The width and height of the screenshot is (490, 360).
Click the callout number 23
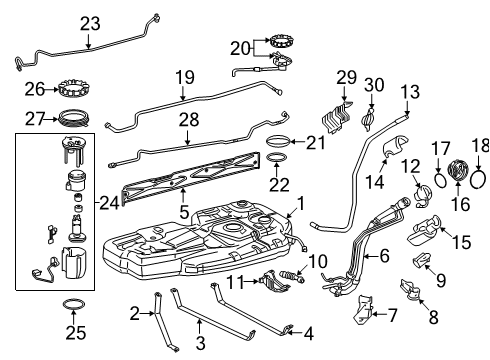click(91, 24)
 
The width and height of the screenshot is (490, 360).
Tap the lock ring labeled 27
click(73, 117)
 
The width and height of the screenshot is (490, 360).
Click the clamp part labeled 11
click(273, 283)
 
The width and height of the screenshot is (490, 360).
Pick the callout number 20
click(237, 48)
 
